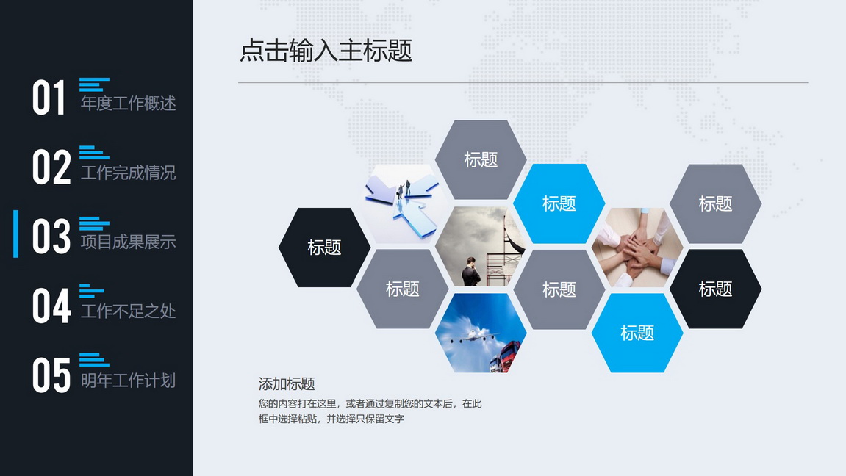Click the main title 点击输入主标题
(326, 51)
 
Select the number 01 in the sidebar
(49, 97)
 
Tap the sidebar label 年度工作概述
(129, 103)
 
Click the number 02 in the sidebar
(51, 167)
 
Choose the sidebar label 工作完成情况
(129, 173)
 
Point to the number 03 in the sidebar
(51, 236)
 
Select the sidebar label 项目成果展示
(129, 242)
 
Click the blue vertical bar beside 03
(15, 234)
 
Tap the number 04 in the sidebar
(51, 305)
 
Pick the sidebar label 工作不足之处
(129, 311)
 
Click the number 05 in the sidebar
(51, 375)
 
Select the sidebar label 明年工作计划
(129, 381)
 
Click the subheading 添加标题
(287, 384)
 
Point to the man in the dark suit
(471, 272)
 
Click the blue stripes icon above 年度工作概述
(94, 84)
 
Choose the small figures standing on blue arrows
(404, 190)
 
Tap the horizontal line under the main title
(523, 82)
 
